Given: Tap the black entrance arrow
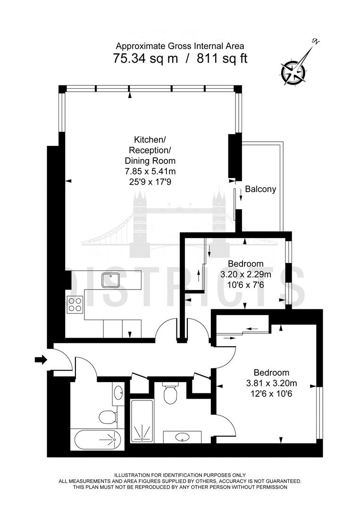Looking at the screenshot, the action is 41,359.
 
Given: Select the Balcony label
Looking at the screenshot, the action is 260,189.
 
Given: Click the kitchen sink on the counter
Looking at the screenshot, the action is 111,280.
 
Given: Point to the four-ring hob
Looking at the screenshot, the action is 75,305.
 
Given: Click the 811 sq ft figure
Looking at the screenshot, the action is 222,59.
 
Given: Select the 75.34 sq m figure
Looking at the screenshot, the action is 146,59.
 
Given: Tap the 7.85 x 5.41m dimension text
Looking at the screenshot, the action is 151,171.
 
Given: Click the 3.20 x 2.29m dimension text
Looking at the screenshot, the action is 246,274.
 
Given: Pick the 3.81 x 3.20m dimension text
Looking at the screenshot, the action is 272,383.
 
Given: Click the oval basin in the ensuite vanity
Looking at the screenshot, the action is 183,437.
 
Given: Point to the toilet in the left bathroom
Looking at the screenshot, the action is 107,416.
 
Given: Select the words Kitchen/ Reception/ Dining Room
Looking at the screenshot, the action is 150,150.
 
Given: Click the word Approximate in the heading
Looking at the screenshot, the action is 140,46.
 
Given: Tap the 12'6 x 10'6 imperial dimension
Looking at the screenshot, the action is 272,394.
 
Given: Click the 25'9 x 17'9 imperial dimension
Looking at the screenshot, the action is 151,182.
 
